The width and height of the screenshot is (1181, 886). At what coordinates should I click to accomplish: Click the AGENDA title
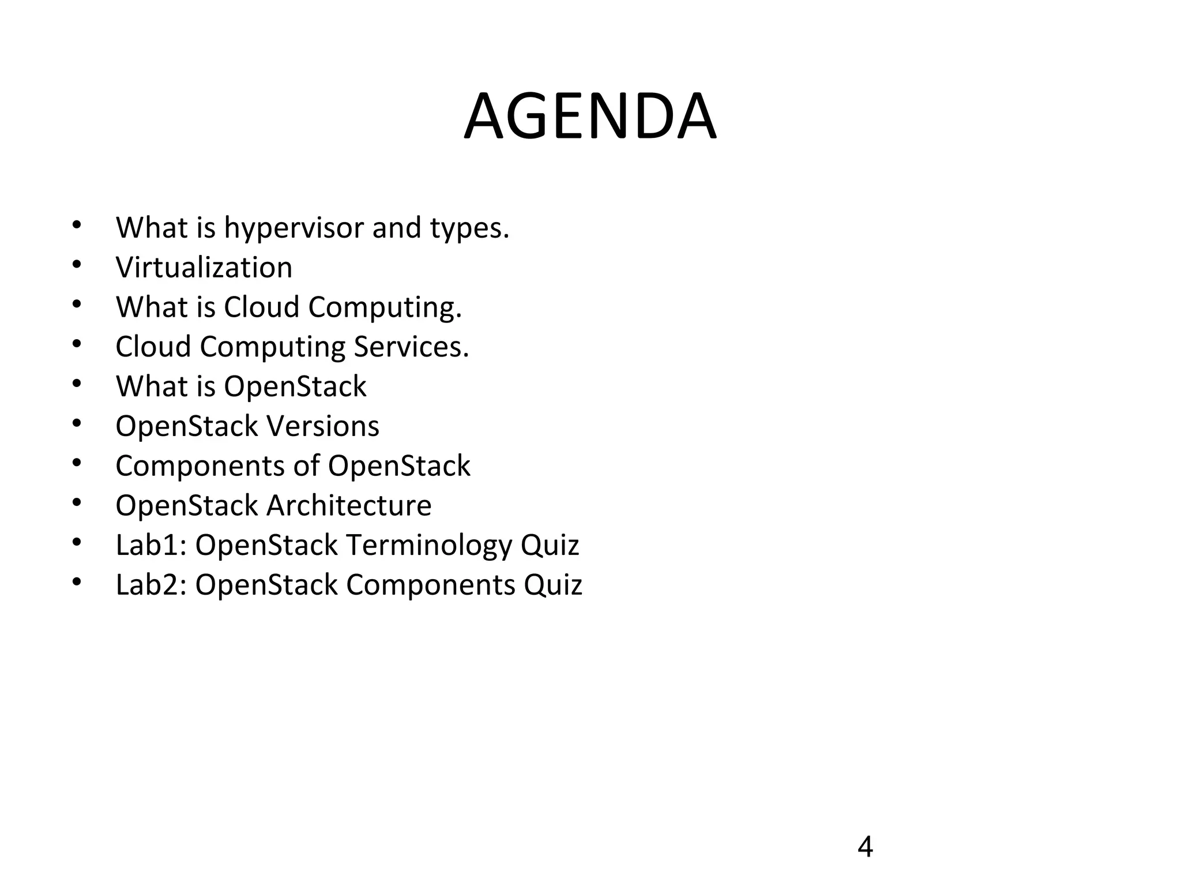(590, 117)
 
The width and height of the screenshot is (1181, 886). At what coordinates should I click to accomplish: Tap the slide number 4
(865, 847)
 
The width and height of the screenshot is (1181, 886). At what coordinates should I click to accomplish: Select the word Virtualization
(204, 268)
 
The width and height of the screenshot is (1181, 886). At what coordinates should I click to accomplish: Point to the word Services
(411, 347)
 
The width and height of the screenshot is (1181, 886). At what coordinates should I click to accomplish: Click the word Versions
(323, 426)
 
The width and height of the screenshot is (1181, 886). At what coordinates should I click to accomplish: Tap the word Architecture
(349, 506)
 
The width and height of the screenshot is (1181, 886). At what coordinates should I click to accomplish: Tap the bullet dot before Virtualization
(77, 264)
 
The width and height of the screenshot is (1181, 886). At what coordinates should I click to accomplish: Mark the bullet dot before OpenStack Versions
(77, 423)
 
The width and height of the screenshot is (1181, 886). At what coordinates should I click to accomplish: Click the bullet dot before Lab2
(77, 581)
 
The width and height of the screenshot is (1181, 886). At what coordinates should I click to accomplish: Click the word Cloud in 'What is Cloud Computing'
(261, 307)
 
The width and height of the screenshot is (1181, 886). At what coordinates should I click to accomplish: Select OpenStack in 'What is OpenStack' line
(295, 386)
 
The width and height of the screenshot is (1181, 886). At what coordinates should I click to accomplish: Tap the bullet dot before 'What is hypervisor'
(77, 224)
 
